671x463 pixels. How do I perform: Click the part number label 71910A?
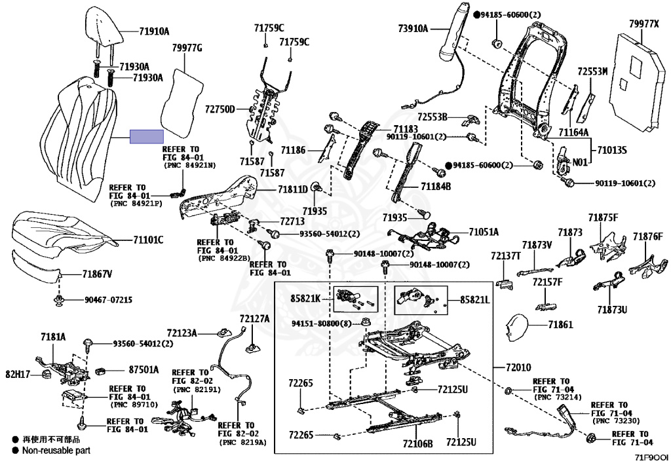click(154, 31)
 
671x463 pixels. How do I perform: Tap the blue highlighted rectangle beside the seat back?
click(146, 136)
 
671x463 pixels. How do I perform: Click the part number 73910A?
click(413, 28)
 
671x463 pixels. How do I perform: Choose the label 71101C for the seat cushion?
click(149, 240)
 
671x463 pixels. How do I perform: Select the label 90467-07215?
click(108, 300)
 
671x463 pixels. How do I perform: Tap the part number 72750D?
click(220, 109)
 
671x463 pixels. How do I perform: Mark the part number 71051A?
click(484, 232)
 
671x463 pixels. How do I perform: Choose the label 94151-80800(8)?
click(322, 323)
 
